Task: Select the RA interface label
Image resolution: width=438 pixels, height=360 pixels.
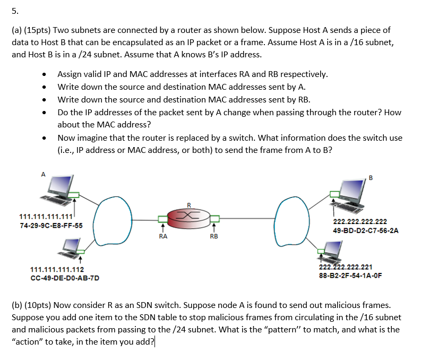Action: click(163, 236)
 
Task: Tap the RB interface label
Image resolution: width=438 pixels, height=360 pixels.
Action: click(213, 236)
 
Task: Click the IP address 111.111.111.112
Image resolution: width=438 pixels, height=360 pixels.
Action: click(57, 270)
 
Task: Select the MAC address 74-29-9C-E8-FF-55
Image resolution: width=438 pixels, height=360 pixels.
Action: click(51, 226)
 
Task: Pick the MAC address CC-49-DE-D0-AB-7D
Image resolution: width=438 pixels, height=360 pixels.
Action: click(65, 278)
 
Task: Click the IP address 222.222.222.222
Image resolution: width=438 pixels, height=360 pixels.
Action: click(359, 222)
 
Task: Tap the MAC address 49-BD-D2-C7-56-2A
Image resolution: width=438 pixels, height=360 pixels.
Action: click(365, 231)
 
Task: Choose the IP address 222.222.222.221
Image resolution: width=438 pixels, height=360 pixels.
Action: click(345, 268)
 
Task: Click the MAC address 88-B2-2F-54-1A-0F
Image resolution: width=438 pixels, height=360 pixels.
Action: click(350, 276)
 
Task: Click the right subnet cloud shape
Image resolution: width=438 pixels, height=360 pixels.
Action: click(293, 218)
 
